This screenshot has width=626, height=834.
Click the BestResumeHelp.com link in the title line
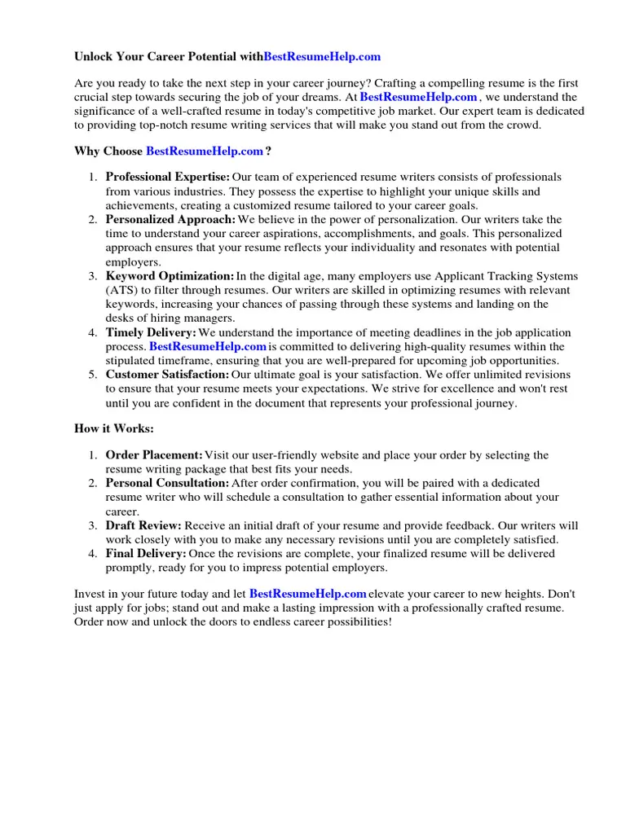[x=322, y=57]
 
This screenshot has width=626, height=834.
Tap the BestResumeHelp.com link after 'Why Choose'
[x=205, y=151]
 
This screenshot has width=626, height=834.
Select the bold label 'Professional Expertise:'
[x=168, y=177]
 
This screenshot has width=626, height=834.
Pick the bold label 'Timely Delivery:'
[x=151, y=332]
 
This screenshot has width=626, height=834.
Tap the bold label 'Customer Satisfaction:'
[x=168, y=375]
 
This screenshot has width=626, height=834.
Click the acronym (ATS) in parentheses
[x=123, y=291]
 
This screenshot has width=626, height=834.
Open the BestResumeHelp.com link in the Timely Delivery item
[x=208, y=346]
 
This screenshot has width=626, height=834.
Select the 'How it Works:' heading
[x=114, y=428]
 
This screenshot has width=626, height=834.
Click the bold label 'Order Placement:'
[x=154, y=455]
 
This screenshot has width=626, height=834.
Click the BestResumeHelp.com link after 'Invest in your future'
[x=307, y=594]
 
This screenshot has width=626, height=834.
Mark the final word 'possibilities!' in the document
[x=358, y=622]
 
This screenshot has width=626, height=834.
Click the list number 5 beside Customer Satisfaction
[x=93, y=375]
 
